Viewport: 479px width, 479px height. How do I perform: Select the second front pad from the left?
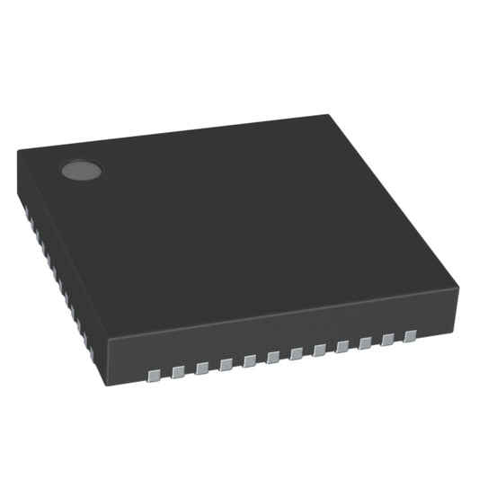coord(179,368)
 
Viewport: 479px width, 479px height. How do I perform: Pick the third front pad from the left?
coord(202,365)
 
